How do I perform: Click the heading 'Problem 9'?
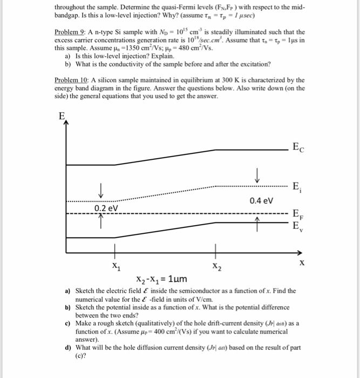point(71,32)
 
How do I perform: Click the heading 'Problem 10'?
point(73,80)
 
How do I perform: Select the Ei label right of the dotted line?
point(296,187)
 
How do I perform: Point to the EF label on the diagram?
point(297,213)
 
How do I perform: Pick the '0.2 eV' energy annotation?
point(106,208)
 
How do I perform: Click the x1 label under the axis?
point(116,266)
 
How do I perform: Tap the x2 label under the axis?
point(216,266)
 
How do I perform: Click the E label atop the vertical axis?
point(62,116)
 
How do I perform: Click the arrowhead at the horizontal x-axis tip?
point(298,252)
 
